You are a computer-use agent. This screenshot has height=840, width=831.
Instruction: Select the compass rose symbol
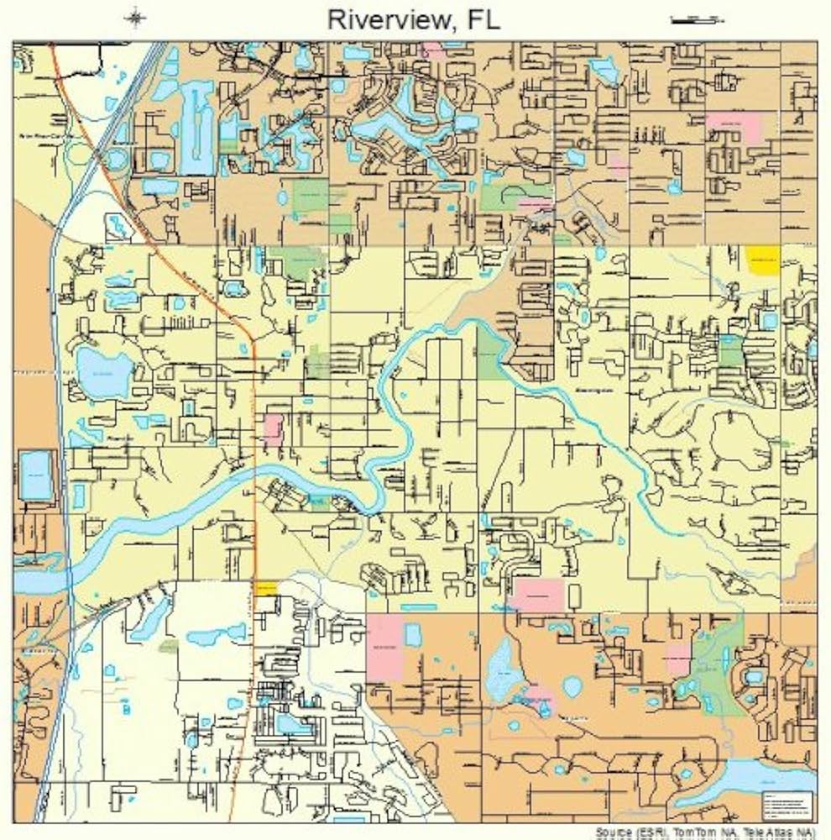click(135, 18)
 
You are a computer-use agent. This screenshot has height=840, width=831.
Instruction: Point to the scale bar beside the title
click(696, 18)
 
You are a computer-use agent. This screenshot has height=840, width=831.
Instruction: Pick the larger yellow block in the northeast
click(762, 260)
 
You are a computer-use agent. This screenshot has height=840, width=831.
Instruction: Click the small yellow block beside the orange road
click(264, 588)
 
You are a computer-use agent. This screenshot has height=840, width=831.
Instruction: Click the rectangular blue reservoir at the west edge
click(36, 475)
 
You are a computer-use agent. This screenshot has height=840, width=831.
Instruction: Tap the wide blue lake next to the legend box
click(747, 777)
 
